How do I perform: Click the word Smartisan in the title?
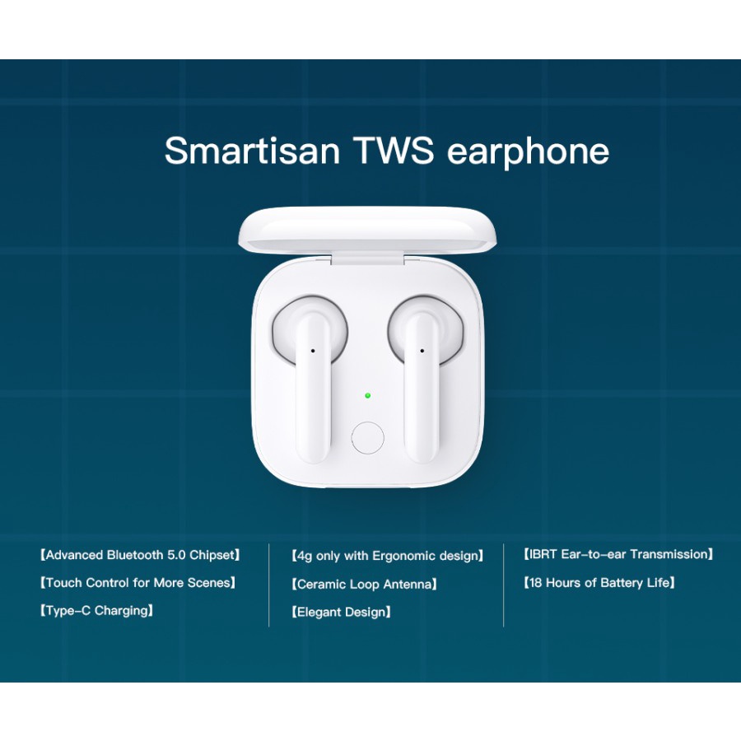tap(253, 151)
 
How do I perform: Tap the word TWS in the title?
tap(394, 151)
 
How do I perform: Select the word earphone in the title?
tap(528, 152)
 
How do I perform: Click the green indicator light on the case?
tap(368, 395)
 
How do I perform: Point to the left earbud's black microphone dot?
tap(312, 351)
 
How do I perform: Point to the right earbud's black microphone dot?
tap(422, 351)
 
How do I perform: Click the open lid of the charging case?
tap(367, 231)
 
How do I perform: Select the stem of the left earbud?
tap(312, 388)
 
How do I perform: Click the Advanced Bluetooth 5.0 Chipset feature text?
tap(140, 555)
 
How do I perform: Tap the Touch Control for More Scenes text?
tap(137, 583)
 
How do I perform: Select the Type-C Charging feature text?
tap(96, 611)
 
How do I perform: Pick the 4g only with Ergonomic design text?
tap(388, 556)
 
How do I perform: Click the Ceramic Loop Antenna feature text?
tap(364, 585)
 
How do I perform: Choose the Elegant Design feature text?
tap(341, 613)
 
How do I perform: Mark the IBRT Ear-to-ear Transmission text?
tap(618, 554)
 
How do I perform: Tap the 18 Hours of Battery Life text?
tap(599, 583)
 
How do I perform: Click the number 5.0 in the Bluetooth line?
tap(176, 555)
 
